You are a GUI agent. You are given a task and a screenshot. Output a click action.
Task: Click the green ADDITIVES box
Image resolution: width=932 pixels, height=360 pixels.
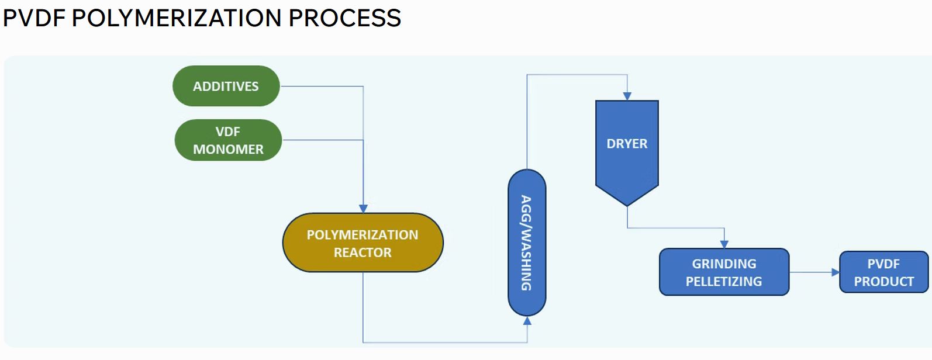(x=226, y=86)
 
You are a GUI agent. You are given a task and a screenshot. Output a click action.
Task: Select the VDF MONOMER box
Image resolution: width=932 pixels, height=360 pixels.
(x=228, y=140)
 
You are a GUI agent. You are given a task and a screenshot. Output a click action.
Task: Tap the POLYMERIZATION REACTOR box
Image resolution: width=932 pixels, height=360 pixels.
(x=363, y=243)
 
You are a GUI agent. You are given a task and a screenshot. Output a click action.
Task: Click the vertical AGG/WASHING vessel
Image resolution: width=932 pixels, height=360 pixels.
(x=526, y=243)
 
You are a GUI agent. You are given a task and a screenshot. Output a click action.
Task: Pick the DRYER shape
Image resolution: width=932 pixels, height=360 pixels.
(x=627, y=144)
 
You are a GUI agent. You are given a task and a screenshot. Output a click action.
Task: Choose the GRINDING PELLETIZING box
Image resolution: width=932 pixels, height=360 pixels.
(x=724, y=272)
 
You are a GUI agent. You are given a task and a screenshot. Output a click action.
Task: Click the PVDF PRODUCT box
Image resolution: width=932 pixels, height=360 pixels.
(x=883, y=272)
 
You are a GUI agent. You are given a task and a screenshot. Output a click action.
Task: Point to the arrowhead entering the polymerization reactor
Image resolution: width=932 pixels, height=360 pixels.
(x=363, y=209)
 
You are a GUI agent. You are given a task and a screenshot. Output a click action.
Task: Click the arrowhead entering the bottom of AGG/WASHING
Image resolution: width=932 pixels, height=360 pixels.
(x=527, y=321)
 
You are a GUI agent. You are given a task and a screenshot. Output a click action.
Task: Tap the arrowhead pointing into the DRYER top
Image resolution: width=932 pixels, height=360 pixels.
(x=627, y=96)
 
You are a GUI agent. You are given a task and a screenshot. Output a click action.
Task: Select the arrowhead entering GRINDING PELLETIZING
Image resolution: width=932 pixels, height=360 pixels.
(x=724, y=244)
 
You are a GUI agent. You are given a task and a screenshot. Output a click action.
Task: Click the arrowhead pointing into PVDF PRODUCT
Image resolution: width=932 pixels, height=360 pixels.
(x=836, y=272)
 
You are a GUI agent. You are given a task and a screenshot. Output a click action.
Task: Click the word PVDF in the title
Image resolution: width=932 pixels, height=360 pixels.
(x=34, y=18)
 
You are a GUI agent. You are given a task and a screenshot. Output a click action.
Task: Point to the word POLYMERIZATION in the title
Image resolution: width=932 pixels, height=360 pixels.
(x=177, y=18)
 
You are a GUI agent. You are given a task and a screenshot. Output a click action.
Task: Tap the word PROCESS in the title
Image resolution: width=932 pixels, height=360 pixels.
(x=345, y=18)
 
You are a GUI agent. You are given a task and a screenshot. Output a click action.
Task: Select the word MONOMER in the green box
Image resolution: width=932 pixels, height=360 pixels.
(x=228, y=150)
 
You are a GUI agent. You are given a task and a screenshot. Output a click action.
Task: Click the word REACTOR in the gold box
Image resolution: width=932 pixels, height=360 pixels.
(x=363, y=252)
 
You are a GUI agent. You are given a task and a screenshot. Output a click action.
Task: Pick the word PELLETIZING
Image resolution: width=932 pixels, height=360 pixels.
(x=724, y=282)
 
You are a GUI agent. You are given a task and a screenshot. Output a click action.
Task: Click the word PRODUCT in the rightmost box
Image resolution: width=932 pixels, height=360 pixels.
(x=883, y=282)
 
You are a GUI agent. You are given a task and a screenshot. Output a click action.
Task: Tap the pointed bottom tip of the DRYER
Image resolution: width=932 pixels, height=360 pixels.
(x=627, y=205)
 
